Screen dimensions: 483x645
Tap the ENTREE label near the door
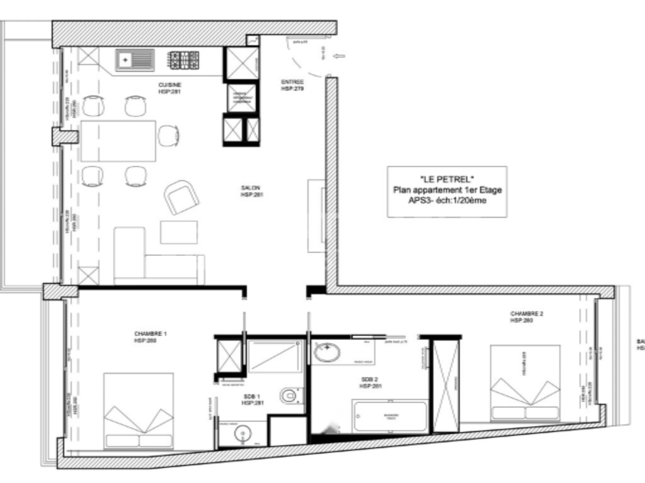292,82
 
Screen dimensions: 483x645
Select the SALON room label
250,187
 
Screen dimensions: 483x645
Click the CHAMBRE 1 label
150,334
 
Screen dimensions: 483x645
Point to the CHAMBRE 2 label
527,314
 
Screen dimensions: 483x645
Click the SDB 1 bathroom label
253,397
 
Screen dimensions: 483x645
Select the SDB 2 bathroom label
368,380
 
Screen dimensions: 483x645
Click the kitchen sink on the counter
134,60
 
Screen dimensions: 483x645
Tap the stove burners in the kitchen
184,60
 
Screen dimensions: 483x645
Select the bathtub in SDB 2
390,416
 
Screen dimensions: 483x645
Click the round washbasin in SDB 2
327,352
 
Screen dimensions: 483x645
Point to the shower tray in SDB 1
275,356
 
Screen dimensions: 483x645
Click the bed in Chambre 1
138,410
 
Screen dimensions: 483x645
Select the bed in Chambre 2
525,382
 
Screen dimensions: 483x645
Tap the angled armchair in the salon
181,197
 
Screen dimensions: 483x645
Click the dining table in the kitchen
118,141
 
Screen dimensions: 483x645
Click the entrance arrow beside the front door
339,57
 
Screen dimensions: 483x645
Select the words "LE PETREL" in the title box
447,179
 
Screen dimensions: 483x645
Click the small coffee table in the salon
178,232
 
